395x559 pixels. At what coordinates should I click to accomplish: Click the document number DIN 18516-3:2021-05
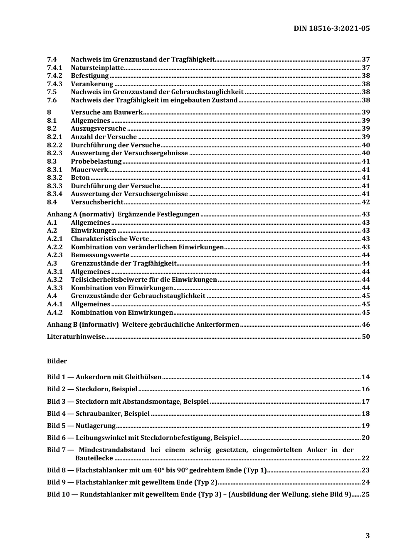click(331, 28)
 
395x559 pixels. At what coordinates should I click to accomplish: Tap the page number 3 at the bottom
click(367, 536)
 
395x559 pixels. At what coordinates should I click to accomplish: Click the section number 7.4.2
click(54, 76)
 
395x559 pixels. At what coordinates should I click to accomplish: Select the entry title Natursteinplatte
click(97, 67)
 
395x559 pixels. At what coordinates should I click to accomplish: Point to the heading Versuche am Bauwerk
click(106, 112)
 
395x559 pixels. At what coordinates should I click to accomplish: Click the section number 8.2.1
click(54, 137)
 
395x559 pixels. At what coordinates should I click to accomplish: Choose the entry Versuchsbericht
click(97, 202)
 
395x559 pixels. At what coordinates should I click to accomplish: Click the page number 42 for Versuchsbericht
click(365, 202)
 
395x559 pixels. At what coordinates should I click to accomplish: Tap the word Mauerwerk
click(89, 170)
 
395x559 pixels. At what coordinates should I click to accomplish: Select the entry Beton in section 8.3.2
click(80, 178)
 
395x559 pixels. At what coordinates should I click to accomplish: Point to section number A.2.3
click(54, 255)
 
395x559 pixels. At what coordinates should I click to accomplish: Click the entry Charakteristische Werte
click(110, 239)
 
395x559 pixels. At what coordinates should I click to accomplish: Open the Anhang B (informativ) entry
click(143, 325)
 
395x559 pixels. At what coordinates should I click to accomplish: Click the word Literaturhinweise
click(76, 337)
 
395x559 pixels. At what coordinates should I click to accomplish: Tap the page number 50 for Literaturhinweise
click(365, 337)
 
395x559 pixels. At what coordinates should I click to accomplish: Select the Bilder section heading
click(57, 361)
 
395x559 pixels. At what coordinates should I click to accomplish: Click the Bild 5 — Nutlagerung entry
click(81, 426)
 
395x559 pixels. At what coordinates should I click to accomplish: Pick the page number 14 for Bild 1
click(365, 377)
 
